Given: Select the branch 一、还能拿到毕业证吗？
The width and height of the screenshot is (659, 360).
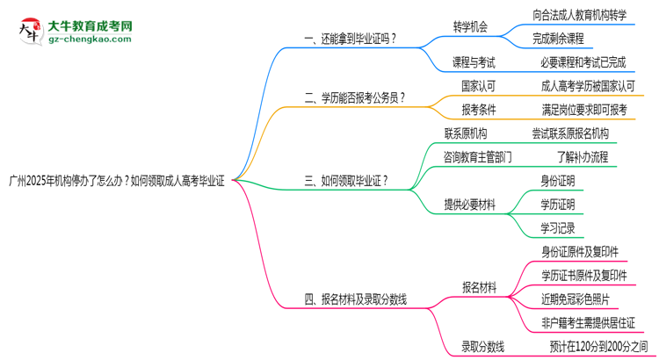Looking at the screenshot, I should click(x=349, y=38).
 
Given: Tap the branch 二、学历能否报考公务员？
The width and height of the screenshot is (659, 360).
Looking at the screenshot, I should click(x=354, y=98).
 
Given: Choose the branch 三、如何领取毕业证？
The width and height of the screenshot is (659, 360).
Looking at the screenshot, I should click(x=346, y=182).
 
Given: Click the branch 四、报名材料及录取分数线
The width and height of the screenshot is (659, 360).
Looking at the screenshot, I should click(x=355, y=299).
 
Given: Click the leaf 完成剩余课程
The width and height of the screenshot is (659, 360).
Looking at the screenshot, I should click(x=557, y=39).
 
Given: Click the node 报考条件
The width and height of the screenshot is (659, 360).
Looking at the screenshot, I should click(x=479, y=110).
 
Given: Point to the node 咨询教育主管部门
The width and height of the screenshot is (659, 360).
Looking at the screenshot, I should click(x=478, y=157).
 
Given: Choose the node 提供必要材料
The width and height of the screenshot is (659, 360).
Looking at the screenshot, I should click(x=469, y=205).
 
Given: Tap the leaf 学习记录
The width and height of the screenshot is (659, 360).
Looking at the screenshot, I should click(x=558, y=228).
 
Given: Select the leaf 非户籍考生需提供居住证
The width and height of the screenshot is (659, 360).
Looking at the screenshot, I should click(x=588, y=323).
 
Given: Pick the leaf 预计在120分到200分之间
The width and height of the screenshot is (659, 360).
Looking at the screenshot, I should click(x=598, y=347).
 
